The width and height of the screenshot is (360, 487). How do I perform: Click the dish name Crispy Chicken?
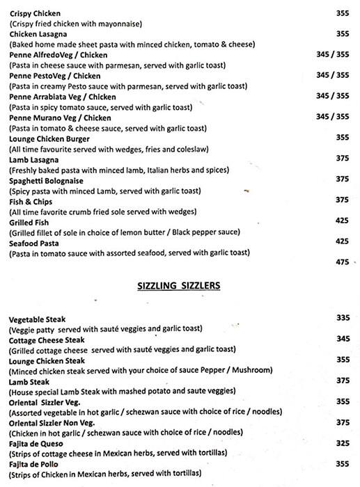[34, 13]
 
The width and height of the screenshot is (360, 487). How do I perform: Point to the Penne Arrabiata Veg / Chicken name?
[62, 97]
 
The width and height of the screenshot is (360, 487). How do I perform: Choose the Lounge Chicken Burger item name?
[49, 138]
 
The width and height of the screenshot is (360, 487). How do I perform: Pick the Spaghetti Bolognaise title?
[47, 180]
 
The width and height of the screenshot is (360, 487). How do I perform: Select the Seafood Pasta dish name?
[34, 243]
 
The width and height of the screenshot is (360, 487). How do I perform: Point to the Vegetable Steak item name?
[37, 318]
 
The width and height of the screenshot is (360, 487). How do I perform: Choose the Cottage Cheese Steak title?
[47, 340]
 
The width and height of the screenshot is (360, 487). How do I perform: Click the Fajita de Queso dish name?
[37, 443]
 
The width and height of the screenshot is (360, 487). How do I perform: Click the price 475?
[342, 262]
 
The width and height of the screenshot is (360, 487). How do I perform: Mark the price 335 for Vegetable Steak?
[342, 318]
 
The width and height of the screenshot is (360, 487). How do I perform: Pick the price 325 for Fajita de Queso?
[342, 443]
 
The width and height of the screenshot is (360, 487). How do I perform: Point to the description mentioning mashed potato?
[125, 391]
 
